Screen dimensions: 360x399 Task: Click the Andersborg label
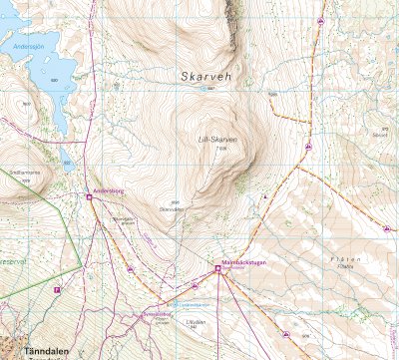(107, 189)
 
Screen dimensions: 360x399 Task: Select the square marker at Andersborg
(89, 196)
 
